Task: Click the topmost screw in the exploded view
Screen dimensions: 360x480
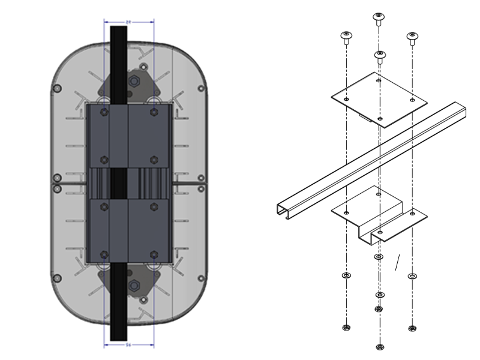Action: (378, 18)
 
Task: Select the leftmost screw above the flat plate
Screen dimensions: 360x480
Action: (346, 37)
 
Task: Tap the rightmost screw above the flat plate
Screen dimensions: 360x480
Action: (412, 37)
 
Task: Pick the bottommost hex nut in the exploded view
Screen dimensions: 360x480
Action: (379, 346)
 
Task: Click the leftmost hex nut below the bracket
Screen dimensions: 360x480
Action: (346, 328)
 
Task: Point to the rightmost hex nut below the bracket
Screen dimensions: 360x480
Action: (412, 328)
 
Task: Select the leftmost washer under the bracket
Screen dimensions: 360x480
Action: (346, 275)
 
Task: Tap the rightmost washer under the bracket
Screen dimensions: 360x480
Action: (412, 276)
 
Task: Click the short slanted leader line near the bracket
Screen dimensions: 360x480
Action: (397, 262)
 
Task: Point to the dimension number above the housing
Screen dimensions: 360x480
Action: (128, 22)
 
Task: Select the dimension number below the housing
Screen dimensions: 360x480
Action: (128, 346)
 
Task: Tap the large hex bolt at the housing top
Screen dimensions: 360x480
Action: (134, 80)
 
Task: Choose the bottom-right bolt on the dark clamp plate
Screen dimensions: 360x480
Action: (154, 255)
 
